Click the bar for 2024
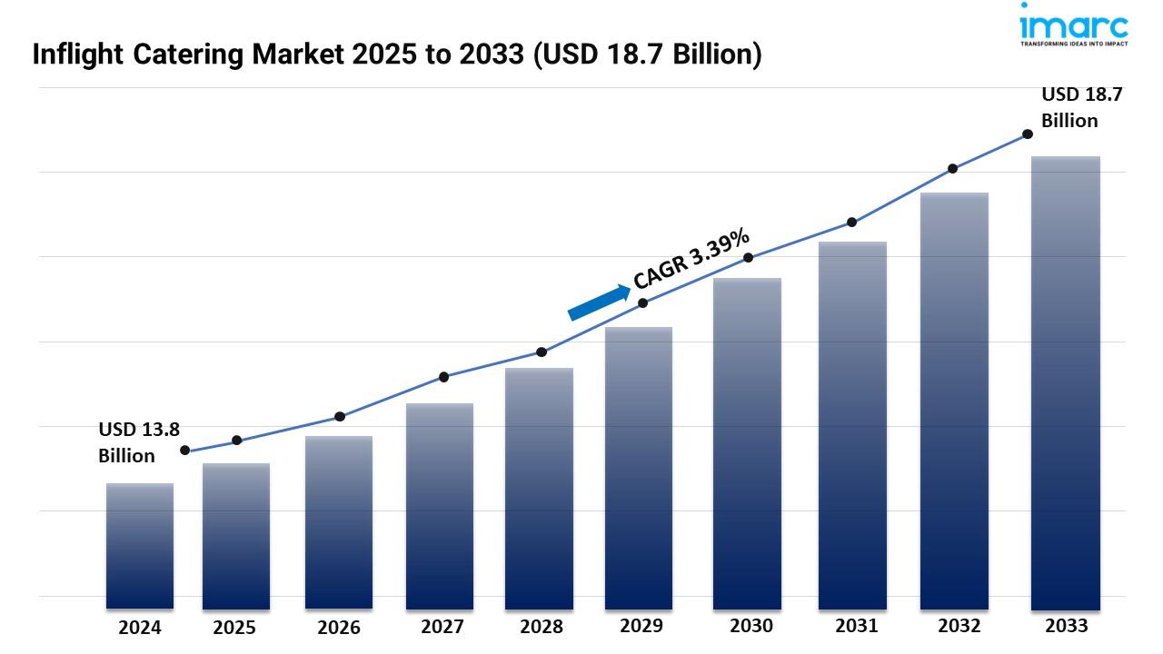tap(139, 545)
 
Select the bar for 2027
tap(440, 505)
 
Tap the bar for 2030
tap(747, 443)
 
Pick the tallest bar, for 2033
tap(1066, 381)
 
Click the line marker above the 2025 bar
tap(237, 441)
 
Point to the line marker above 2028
tap(542, 352)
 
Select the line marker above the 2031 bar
tap(851, 222)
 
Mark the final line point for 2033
tap(1028, 134)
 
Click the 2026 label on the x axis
tap(339, 628)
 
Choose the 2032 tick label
tap(959, 626)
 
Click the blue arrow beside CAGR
tap(599, 302)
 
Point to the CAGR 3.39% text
tap(692, 259)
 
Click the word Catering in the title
tap(200, 55)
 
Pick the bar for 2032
tap(954, 400)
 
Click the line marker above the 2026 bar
tap(340, 416)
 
